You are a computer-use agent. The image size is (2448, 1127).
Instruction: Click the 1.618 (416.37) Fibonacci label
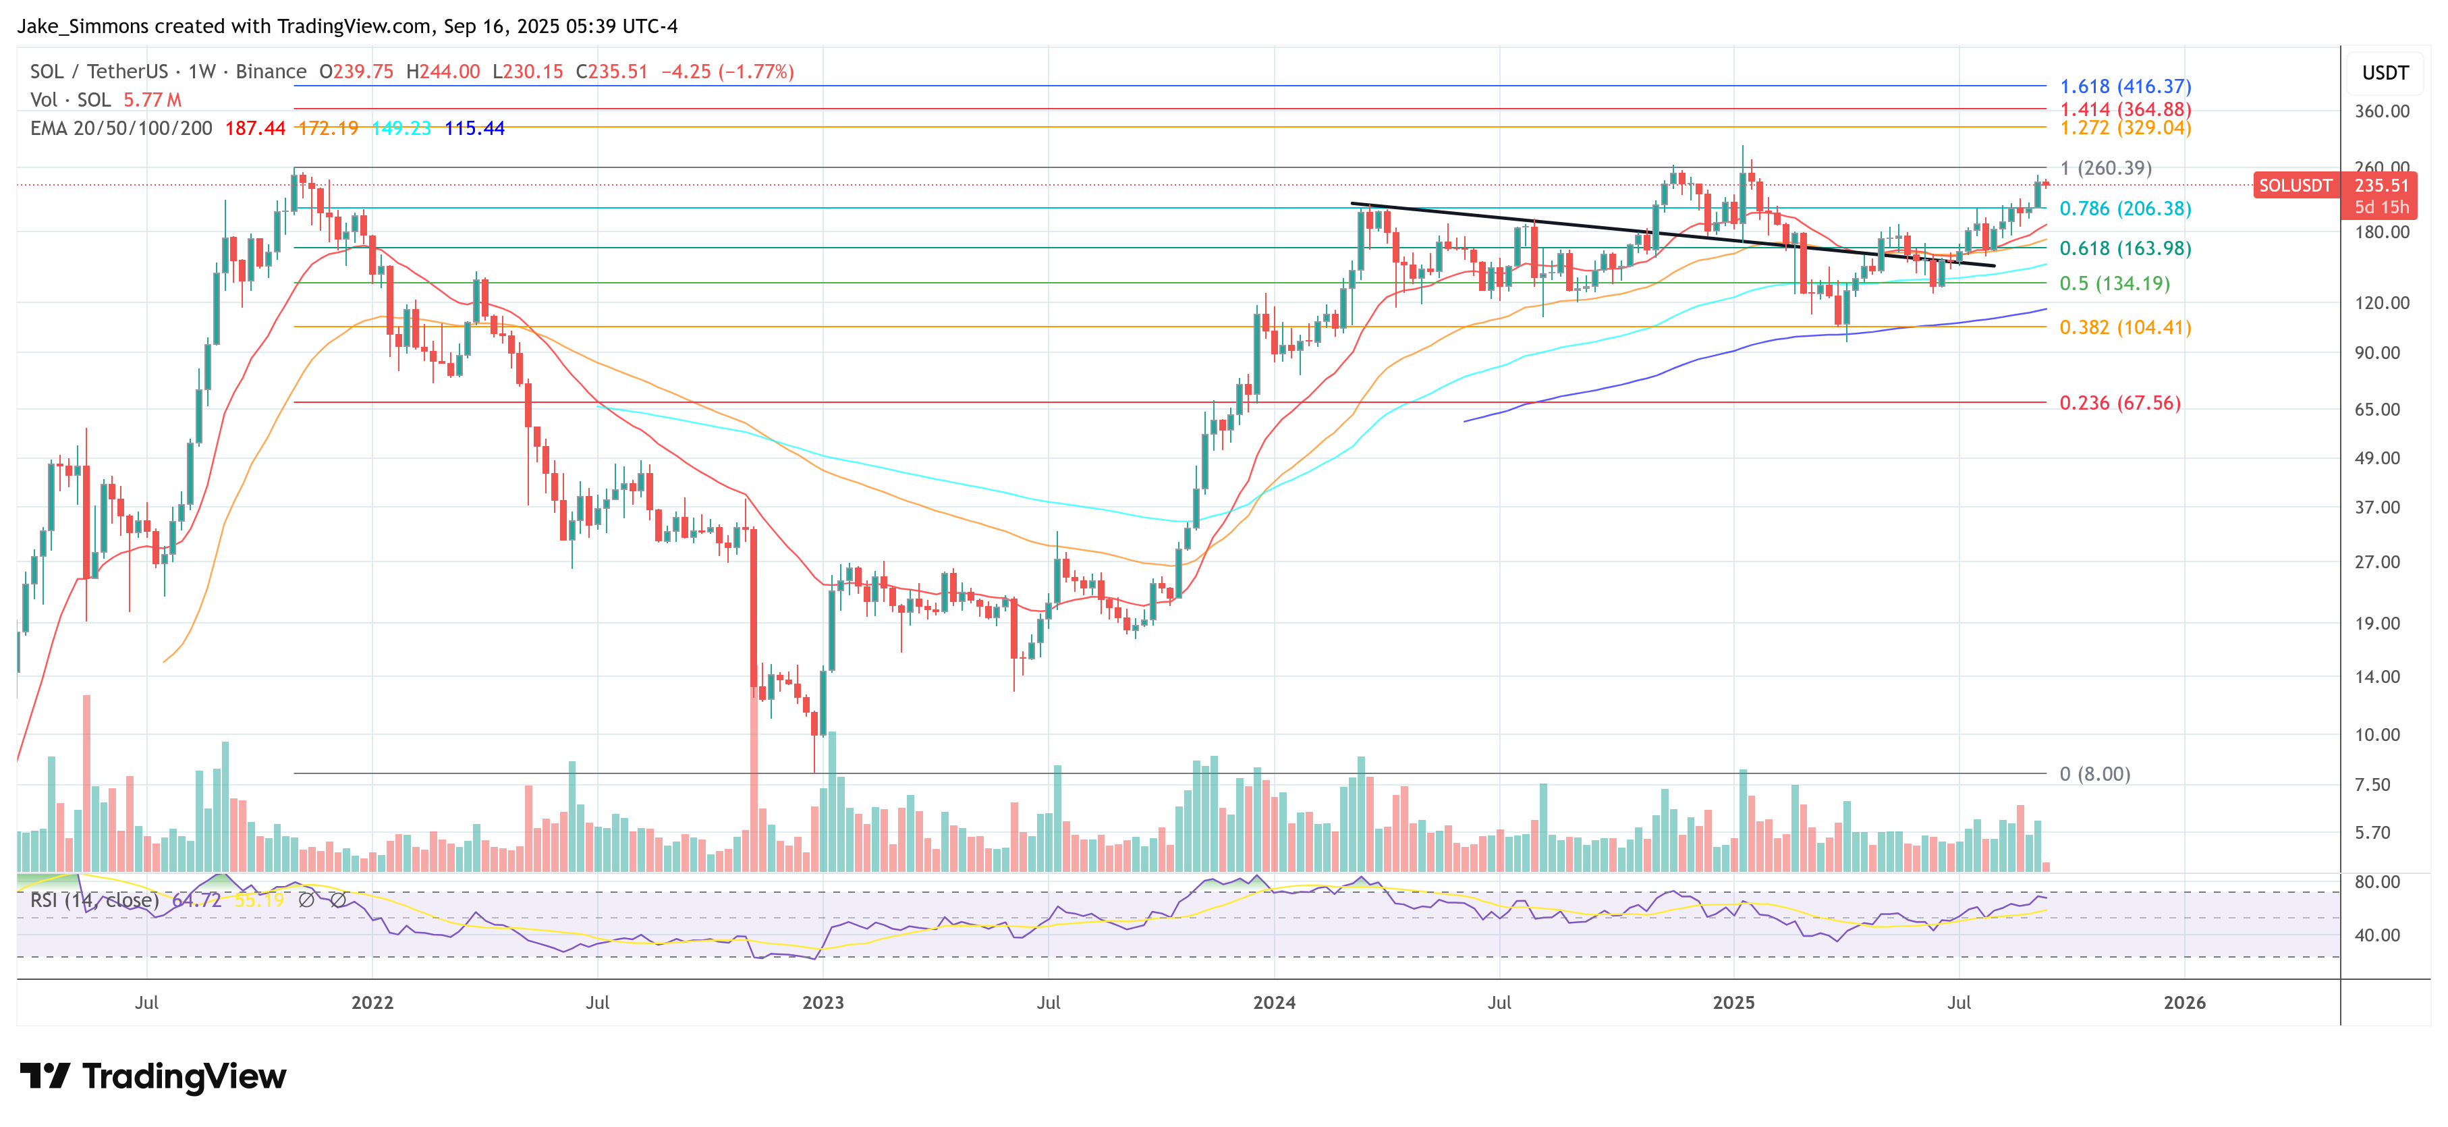point(2125,86)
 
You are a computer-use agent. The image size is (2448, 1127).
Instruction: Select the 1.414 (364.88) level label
point(2125,109)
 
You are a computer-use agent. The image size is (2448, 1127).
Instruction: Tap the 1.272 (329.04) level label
point(2125,128)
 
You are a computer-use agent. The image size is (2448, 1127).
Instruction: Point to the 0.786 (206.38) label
point(2125,208)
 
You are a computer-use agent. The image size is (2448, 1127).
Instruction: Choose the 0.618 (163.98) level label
point(2125,248)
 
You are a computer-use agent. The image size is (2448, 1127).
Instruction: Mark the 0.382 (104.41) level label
point(2125,327)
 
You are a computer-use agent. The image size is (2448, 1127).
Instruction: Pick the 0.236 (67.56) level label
point(2119,403)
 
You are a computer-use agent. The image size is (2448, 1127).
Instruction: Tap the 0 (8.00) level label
point(2094,773)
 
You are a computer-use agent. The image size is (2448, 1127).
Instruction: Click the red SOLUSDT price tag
point(2294,186)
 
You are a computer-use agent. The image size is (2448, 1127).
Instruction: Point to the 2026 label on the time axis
point(2183,1003)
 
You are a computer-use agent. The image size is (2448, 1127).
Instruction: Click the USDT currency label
point(2385,73)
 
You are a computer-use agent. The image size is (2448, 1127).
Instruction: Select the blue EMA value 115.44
point(474,128)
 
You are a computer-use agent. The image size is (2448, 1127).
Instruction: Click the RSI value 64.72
point(197,900)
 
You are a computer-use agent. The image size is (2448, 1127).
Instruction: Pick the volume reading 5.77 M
point(152,100)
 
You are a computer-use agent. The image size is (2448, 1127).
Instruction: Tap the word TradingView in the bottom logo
point(184,1076)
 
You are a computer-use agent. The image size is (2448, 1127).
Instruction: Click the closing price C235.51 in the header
point(611,72)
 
